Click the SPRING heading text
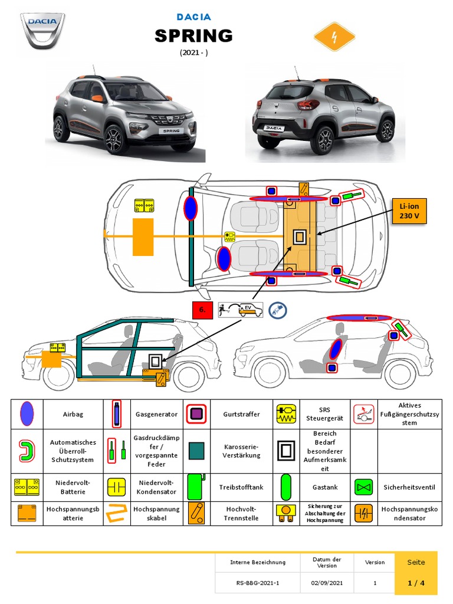click(x=193, y=36)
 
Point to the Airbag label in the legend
click(x=73, y=414)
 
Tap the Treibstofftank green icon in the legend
click(x=195, y=487)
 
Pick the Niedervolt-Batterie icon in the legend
click(x=27, y=487)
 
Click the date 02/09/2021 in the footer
click(x=327, y=583)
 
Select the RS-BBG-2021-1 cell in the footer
click(x=257, y=583)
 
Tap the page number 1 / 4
click(x=416, y=583)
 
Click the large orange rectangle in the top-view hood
click(x=143, y=237)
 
